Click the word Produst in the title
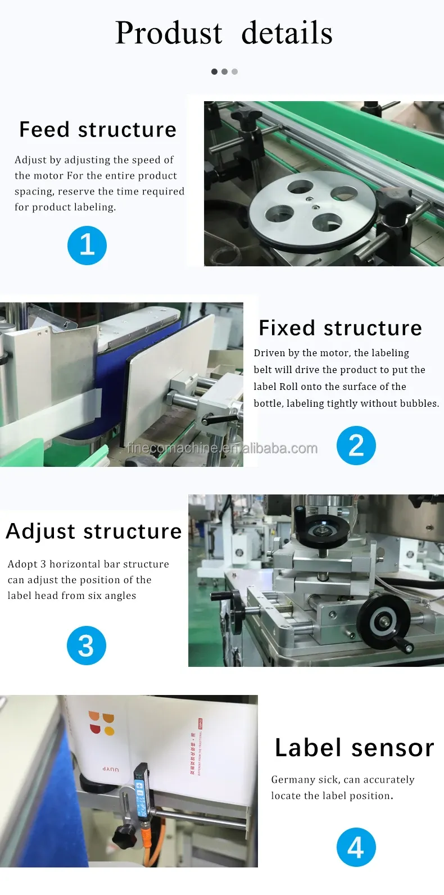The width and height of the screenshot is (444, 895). (x=169, y=33)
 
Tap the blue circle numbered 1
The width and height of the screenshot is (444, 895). (x=87, y=246)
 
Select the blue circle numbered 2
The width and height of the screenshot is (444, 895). (x=356, y=446)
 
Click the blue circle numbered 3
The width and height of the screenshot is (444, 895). (x=86, y=646)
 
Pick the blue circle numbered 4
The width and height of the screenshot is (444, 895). (x=356, y=847)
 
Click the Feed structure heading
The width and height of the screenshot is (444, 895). (x=98, y=130)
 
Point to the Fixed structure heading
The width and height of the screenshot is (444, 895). (x=340, y=328)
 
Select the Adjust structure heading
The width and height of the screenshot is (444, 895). (x=94, y=531)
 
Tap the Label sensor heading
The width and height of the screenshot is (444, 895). (x=354, y=748)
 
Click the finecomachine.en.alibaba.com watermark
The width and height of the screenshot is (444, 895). (x=222, y=448)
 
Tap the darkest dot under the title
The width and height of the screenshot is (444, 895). (x=214, y=71)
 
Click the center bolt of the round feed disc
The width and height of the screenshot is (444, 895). (x=309, y=198)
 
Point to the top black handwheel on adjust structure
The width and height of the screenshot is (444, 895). (x=321, y=529)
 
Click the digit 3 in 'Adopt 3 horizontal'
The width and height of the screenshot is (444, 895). (x=43, y=564)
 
